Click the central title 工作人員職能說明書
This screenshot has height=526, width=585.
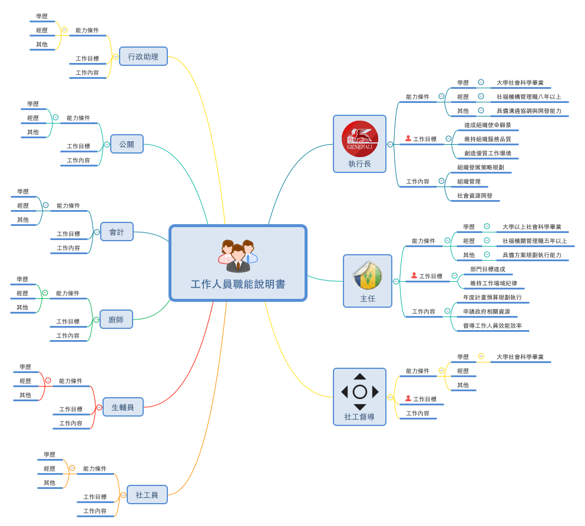pyautogui.click(x=237, y=284)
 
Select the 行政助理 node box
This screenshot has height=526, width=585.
pyautogui.click(x=143, y=56)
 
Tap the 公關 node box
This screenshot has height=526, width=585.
pyautogui.click(x=127, y=144)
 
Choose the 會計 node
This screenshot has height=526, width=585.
pyautogui.click(x=117, y=232)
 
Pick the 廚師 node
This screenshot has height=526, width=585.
pyautogui.click(x=116, y=319)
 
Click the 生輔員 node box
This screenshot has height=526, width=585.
pyautogui.click(x=123, y=407)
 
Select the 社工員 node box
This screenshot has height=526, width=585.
pyautogui.click(x=147, y=495)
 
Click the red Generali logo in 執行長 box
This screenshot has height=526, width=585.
pyautogui.click(x=360, y=139)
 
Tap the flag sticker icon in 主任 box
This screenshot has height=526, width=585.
pyautogui.click(x=368, y=275)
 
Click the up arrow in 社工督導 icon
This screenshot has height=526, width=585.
pyautogui.click(x=360, y=377)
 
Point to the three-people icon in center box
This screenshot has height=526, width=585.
pyautogui.click(x=238, y=256)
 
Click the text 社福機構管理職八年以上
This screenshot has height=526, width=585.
pyautogui.click(x=528, y=97)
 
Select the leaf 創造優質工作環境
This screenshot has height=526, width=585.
pyautogui.click(x=487, y=154)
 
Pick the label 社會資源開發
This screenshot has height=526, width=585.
pyautogui.click(x=474, y=196)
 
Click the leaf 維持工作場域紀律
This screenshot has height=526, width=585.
pyautogui.click(x=493, y=284)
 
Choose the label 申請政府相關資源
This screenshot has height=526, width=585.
pyautogui.click(x=486, y=312)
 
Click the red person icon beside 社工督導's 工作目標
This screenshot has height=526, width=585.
pyautogui.click(x=408, y=399)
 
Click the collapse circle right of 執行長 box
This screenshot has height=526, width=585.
pyautogui.click(x=390, y=144)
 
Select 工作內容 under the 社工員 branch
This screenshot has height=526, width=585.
pyautogui.click(x=94, y=511)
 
